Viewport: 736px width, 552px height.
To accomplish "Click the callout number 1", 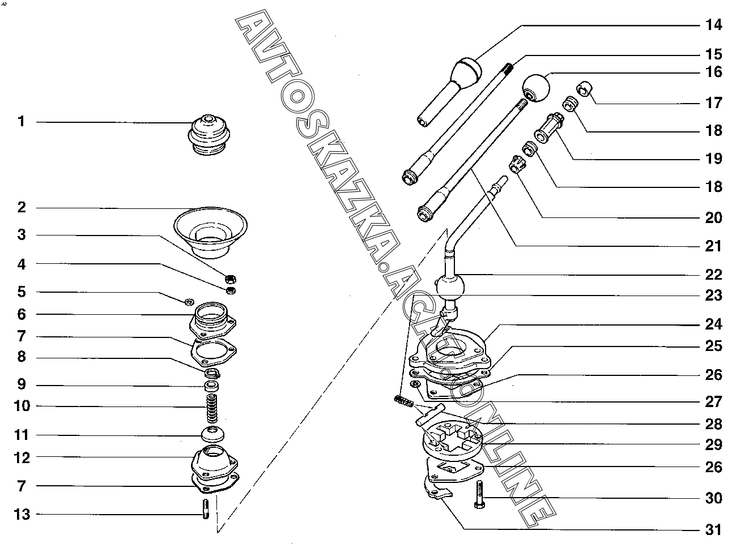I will (x=22, y=122).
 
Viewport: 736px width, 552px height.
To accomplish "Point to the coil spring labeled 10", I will (x=211, y=407).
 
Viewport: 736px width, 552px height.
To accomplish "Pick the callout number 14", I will (x=713, y=25).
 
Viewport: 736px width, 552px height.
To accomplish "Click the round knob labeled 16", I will (x=535, y=87).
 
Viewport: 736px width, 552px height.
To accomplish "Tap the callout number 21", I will (x=713, y=246).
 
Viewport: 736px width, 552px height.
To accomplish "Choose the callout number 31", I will (x=713, y=530).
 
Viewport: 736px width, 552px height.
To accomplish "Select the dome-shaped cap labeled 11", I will (x=213, y=435).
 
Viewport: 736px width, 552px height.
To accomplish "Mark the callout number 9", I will (x=22, y=385).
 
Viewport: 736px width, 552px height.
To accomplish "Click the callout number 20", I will (x=713, y=218).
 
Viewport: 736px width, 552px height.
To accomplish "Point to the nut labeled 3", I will (x=231, y=279).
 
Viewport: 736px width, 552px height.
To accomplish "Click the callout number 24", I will (x=713, y=324).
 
